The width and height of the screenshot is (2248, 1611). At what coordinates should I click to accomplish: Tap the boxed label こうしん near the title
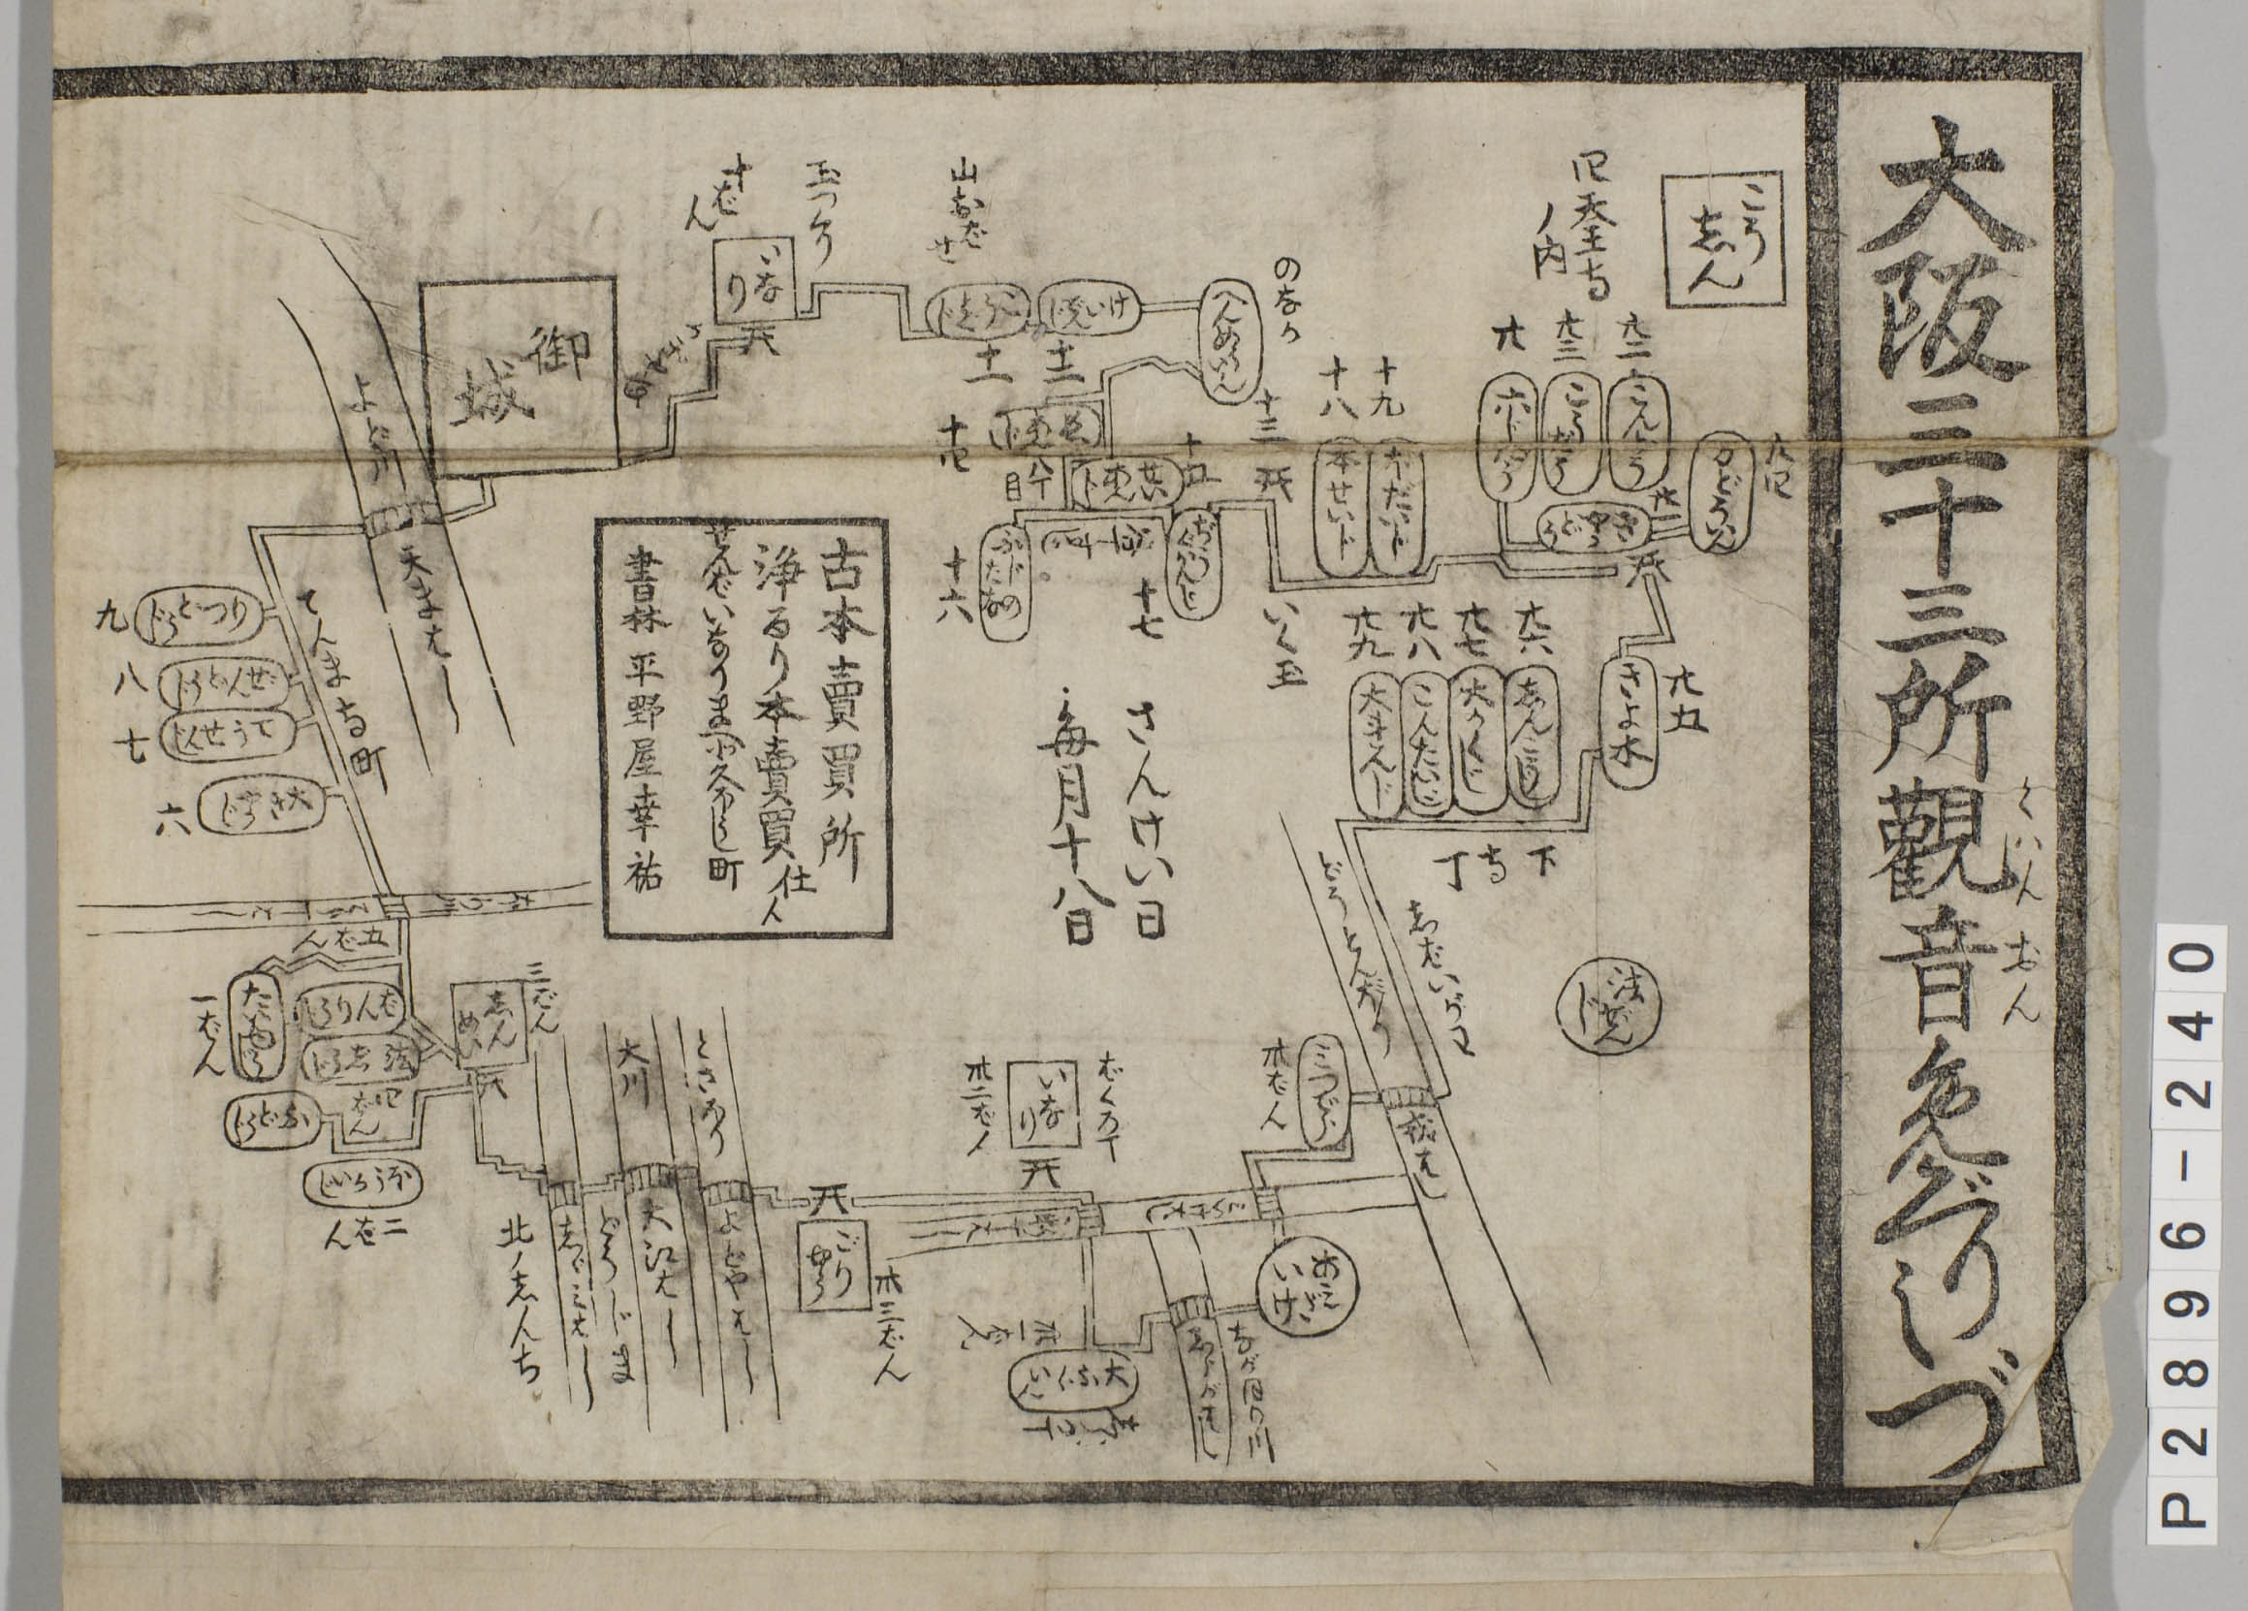(x=1726, y=253)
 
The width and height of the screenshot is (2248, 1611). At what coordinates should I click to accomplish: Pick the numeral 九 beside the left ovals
(x=108, y=618)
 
